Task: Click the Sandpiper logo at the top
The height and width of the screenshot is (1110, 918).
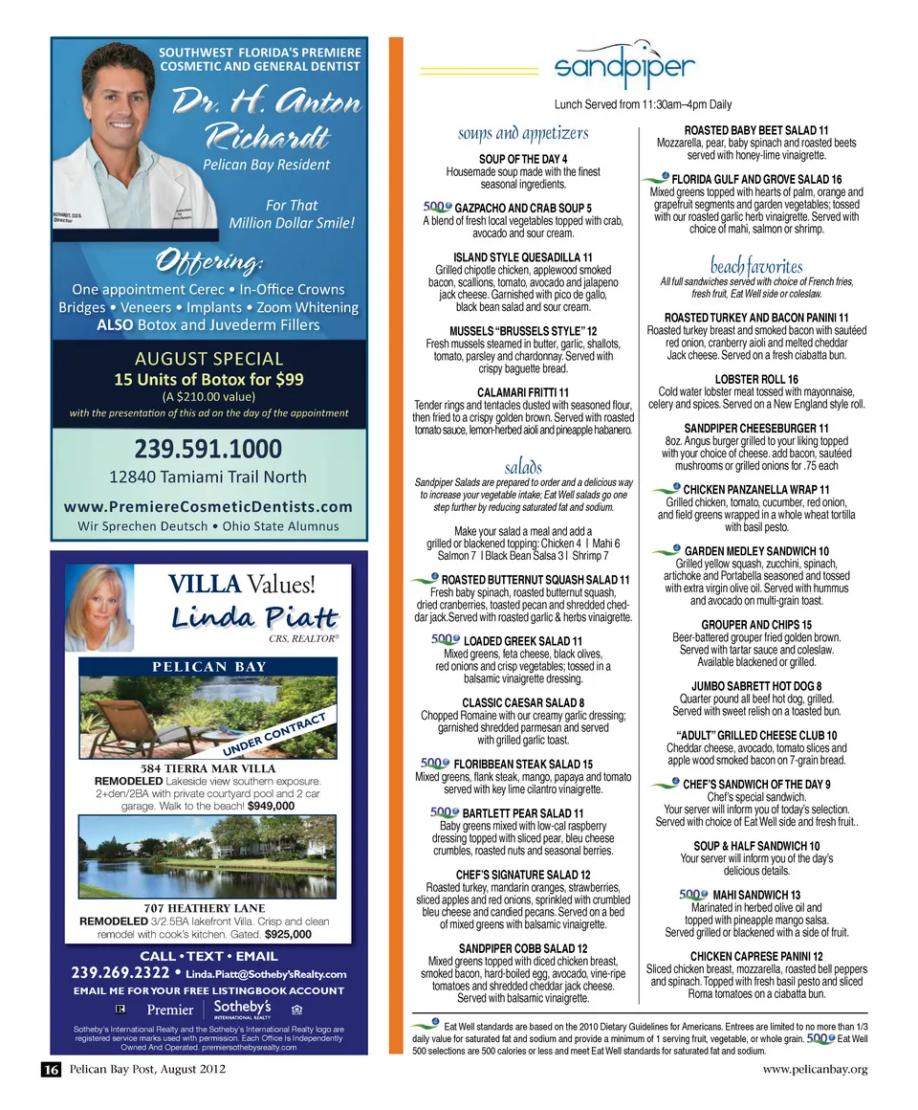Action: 623,67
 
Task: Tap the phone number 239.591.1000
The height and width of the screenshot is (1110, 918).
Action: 208,449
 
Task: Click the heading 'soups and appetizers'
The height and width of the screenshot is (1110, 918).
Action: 523,133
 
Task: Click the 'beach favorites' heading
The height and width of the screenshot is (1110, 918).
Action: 755,265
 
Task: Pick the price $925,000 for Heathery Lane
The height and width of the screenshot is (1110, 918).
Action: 288,933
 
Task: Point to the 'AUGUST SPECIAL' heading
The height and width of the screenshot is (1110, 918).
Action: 208,359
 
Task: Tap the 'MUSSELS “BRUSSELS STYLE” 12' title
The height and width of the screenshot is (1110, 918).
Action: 523,331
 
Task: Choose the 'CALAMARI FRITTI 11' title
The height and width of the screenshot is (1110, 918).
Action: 523,391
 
